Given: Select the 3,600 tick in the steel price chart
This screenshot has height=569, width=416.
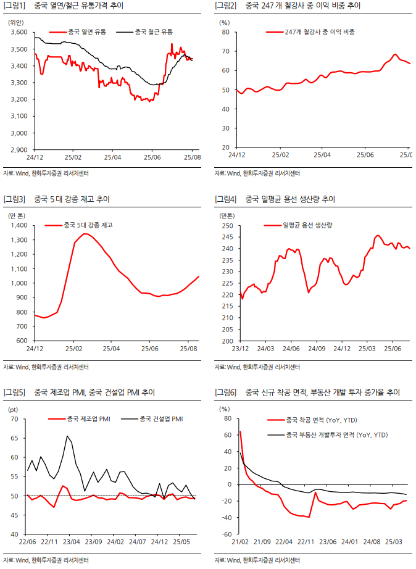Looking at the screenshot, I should (x=19, y=31).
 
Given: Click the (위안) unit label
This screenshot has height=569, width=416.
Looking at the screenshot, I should (x=15, y=22).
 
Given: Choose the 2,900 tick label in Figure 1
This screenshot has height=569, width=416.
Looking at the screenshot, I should (x=19, y=149).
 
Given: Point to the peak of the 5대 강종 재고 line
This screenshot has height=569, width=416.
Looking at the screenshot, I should (x=85, y=233).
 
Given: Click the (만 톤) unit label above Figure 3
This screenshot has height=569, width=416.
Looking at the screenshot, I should (x=17, y=215).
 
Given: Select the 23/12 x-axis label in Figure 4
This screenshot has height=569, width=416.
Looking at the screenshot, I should (x=239, y=349).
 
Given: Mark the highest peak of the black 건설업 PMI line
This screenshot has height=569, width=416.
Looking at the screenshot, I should (x=67, y=436).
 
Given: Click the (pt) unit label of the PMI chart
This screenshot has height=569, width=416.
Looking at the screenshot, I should (x=13, y=409).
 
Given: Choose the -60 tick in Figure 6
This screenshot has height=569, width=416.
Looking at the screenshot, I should (x=225, y=534).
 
